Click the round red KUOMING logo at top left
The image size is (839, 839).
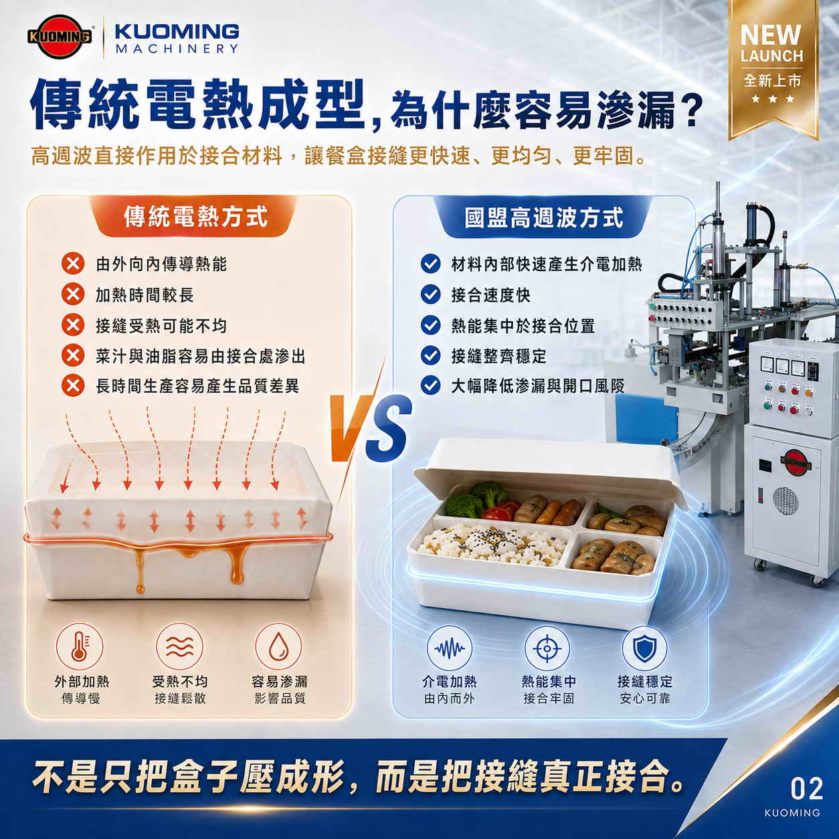coord(60,37)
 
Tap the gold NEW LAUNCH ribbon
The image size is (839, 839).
coord(773,66)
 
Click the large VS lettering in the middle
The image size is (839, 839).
coord(370,427)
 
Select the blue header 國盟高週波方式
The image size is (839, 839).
coord(544,217)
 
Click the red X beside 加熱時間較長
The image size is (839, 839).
coord(73,294)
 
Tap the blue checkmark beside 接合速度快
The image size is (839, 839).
coord(430,294)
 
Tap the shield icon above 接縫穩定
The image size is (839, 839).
coord(644,648)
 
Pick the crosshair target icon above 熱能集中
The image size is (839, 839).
coord(547,648)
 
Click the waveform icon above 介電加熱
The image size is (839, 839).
coord(450,648)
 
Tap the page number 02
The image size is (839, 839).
coord(806,789)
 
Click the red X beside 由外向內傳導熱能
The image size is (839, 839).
coord(73,264)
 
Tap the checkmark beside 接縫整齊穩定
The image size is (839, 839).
coord(430,355)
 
